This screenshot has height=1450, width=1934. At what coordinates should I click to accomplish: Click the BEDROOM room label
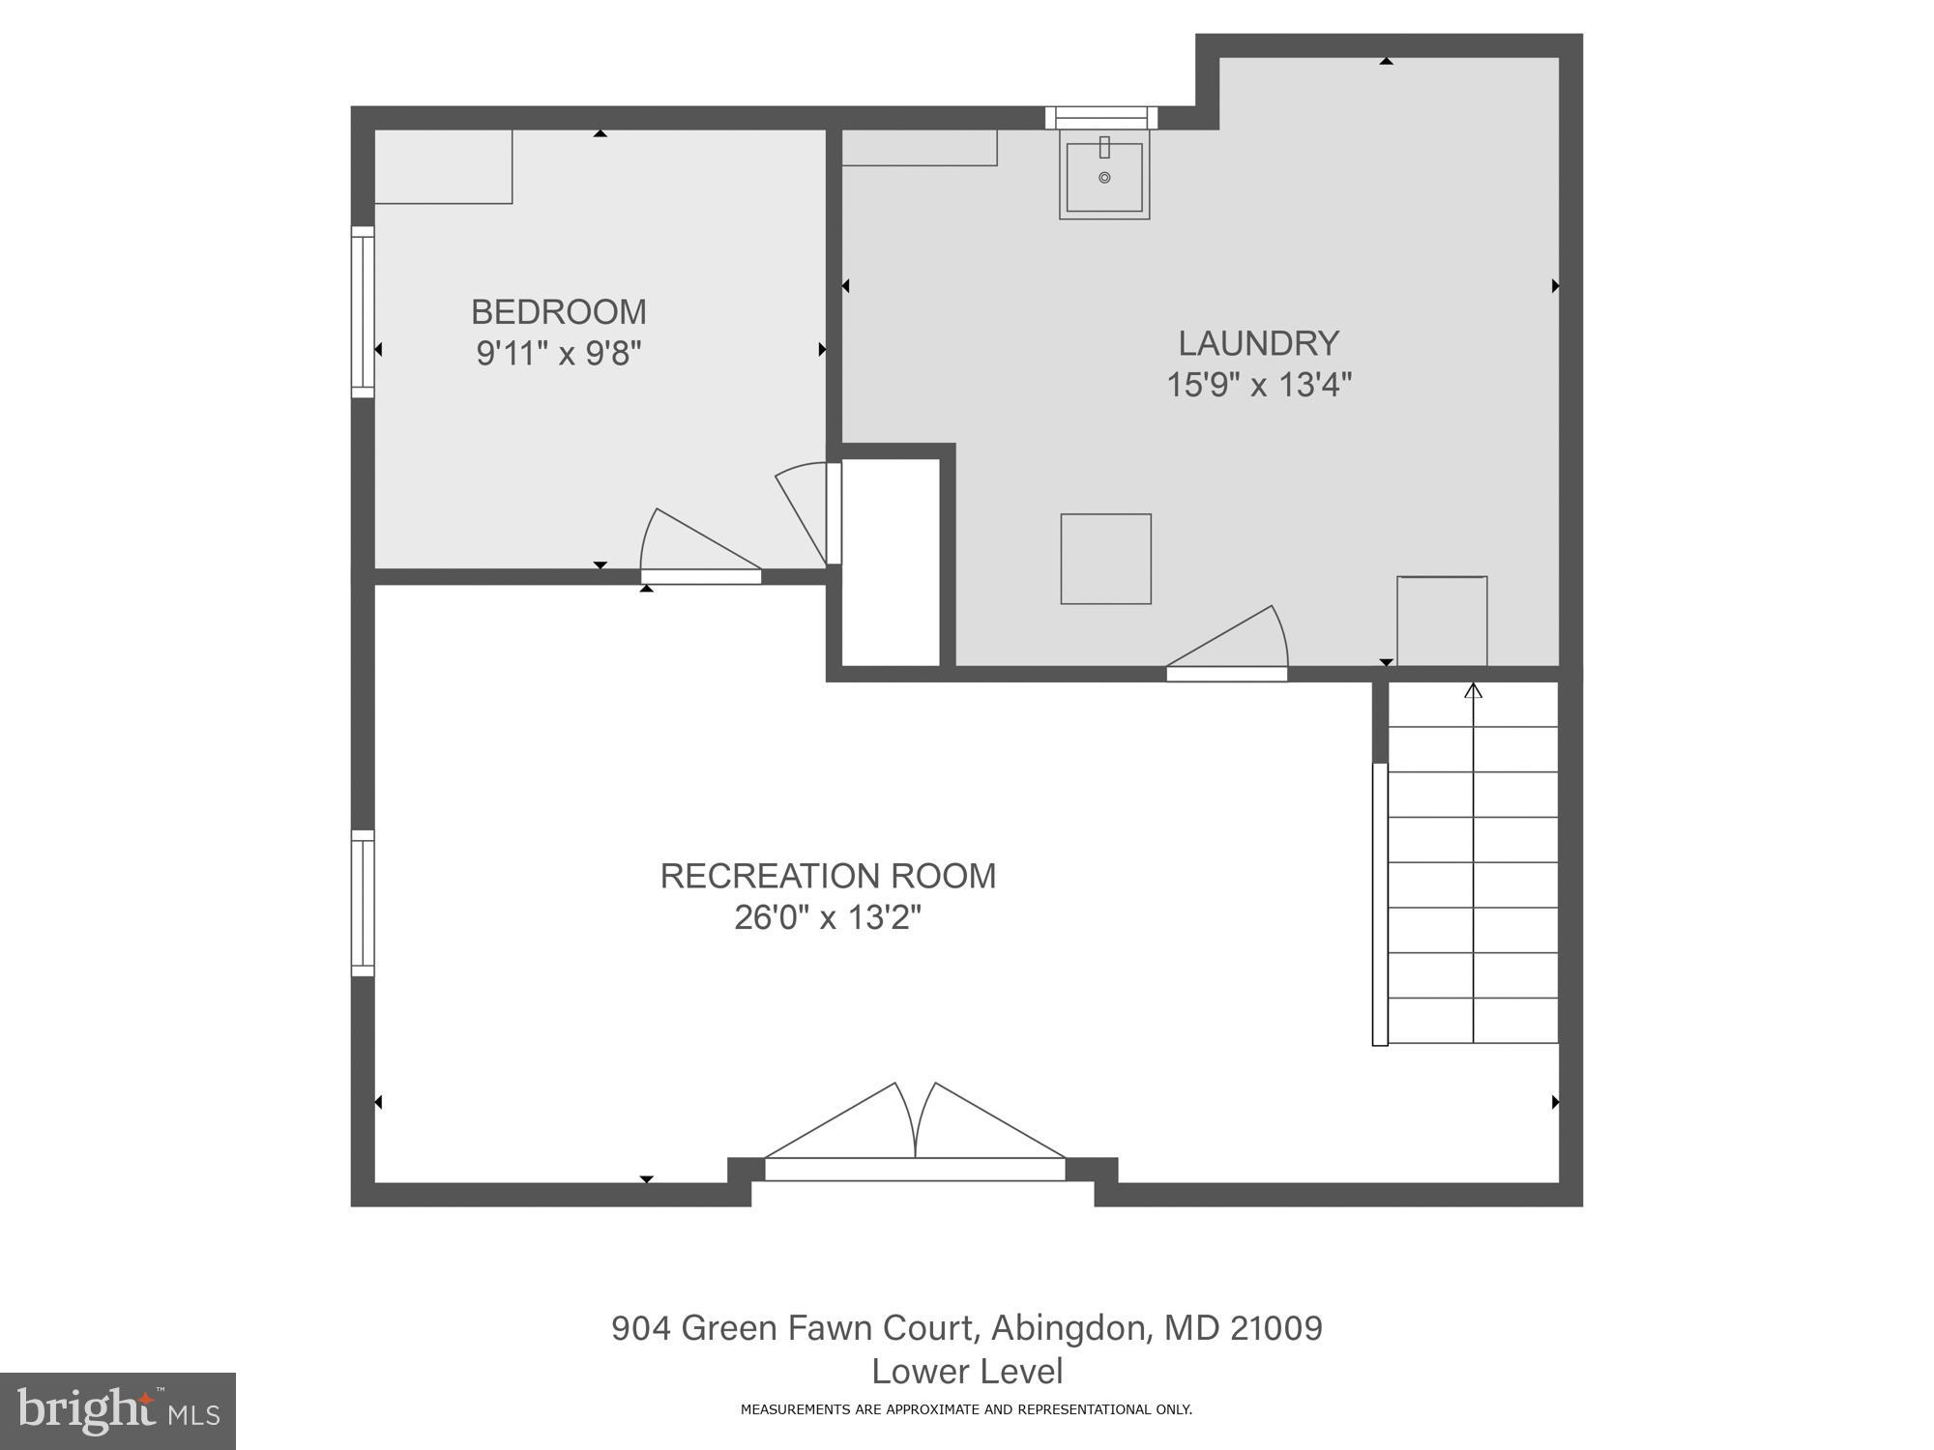(558, 312)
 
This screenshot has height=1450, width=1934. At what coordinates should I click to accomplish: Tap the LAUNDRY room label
(1258, 343)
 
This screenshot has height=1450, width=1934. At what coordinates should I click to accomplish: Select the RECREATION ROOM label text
(828, 876)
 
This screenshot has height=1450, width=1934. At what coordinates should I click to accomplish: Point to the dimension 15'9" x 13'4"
(1258, 385)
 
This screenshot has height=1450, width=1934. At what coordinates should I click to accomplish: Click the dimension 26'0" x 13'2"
(828, 917)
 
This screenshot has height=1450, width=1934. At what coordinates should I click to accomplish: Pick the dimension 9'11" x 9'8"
(558, 354)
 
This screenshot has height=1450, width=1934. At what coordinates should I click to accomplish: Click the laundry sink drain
(1104, 178)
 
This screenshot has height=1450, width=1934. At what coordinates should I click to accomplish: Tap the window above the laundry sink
(1101, 118)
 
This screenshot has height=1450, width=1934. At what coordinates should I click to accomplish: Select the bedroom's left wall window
(363, 312)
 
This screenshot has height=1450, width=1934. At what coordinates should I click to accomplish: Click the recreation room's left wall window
(363, 903)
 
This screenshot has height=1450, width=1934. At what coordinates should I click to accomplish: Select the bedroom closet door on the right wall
(833, 513)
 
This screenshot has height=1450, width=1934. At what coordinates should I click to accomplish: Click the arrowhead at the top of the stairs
(1473, 690)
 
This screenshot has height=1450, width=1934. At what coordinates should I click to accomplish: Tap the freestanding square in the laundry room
(1105, 559)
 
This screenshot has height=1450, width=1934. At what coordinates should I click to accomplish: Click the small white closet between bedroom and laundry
(891, 562)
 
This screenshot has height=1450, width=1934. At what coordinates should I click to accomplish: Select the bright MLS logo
(117, 1410)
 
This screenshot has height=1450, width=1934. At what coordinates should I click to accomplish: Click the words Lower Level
(967, 1371)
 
